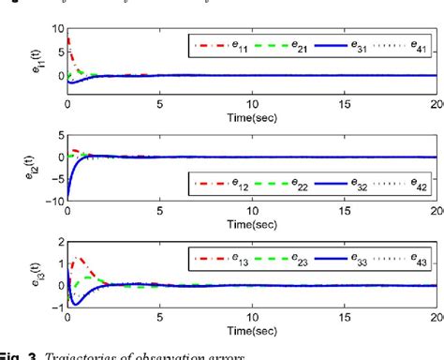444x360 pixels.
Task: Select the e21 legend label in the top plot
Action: [297, 44]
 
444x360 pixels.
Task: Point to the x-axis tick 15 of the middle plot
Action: [345, 209]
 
